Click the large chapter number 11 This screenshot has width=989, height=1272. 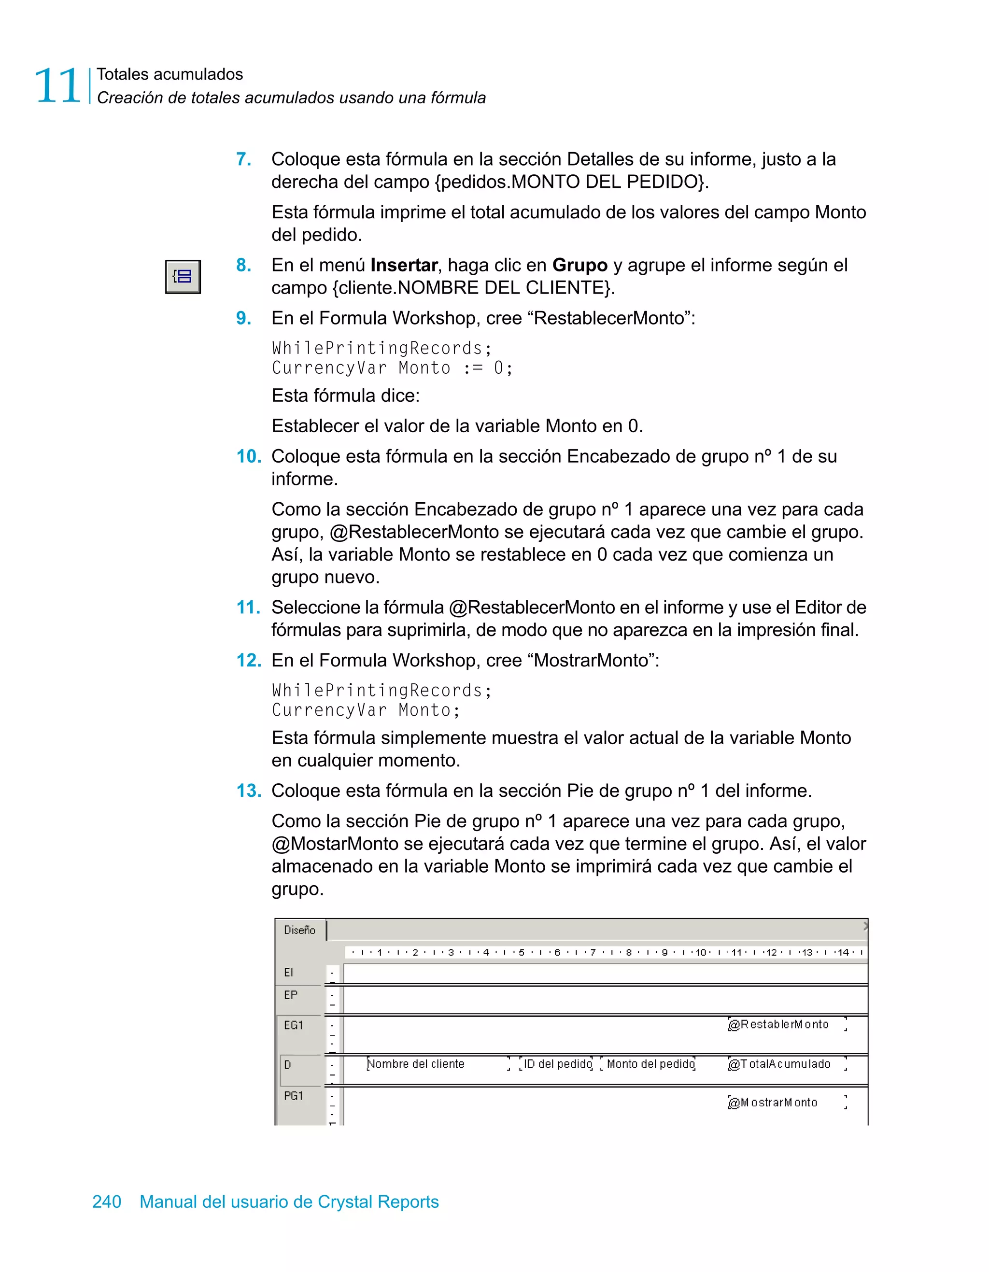[57, 86]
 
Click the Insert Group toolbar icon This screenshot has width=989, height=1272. [183, 277]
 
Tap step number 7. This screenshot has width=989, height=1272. [243, 159]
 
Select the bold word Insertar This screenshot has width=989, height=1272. [404, 265]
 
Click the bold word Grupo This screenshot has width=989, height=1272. [579, 265]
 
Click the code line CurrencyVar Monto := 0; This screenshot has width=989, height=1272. [392, 368]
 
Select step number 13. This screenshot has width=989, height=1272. [249, 791]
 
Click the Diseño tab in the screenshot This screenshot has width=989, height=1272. [299, 930]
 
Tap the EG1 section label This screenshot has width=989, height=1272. [294, 1025]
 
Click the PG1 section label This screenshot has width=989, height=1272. [294, 1096]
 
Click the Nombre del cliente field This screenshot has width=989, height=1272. [416, 1064]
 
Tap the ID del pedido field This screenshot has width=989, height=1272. [557, 1064]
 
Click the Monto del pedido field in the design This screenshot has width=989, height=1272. [650, 1064]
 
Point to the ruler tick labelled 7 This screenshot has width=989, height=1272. [593, 952]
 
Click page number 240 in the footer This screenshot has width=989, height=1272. [107, 1201]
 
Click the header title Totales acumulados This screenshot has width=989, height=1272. [170, 74]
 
